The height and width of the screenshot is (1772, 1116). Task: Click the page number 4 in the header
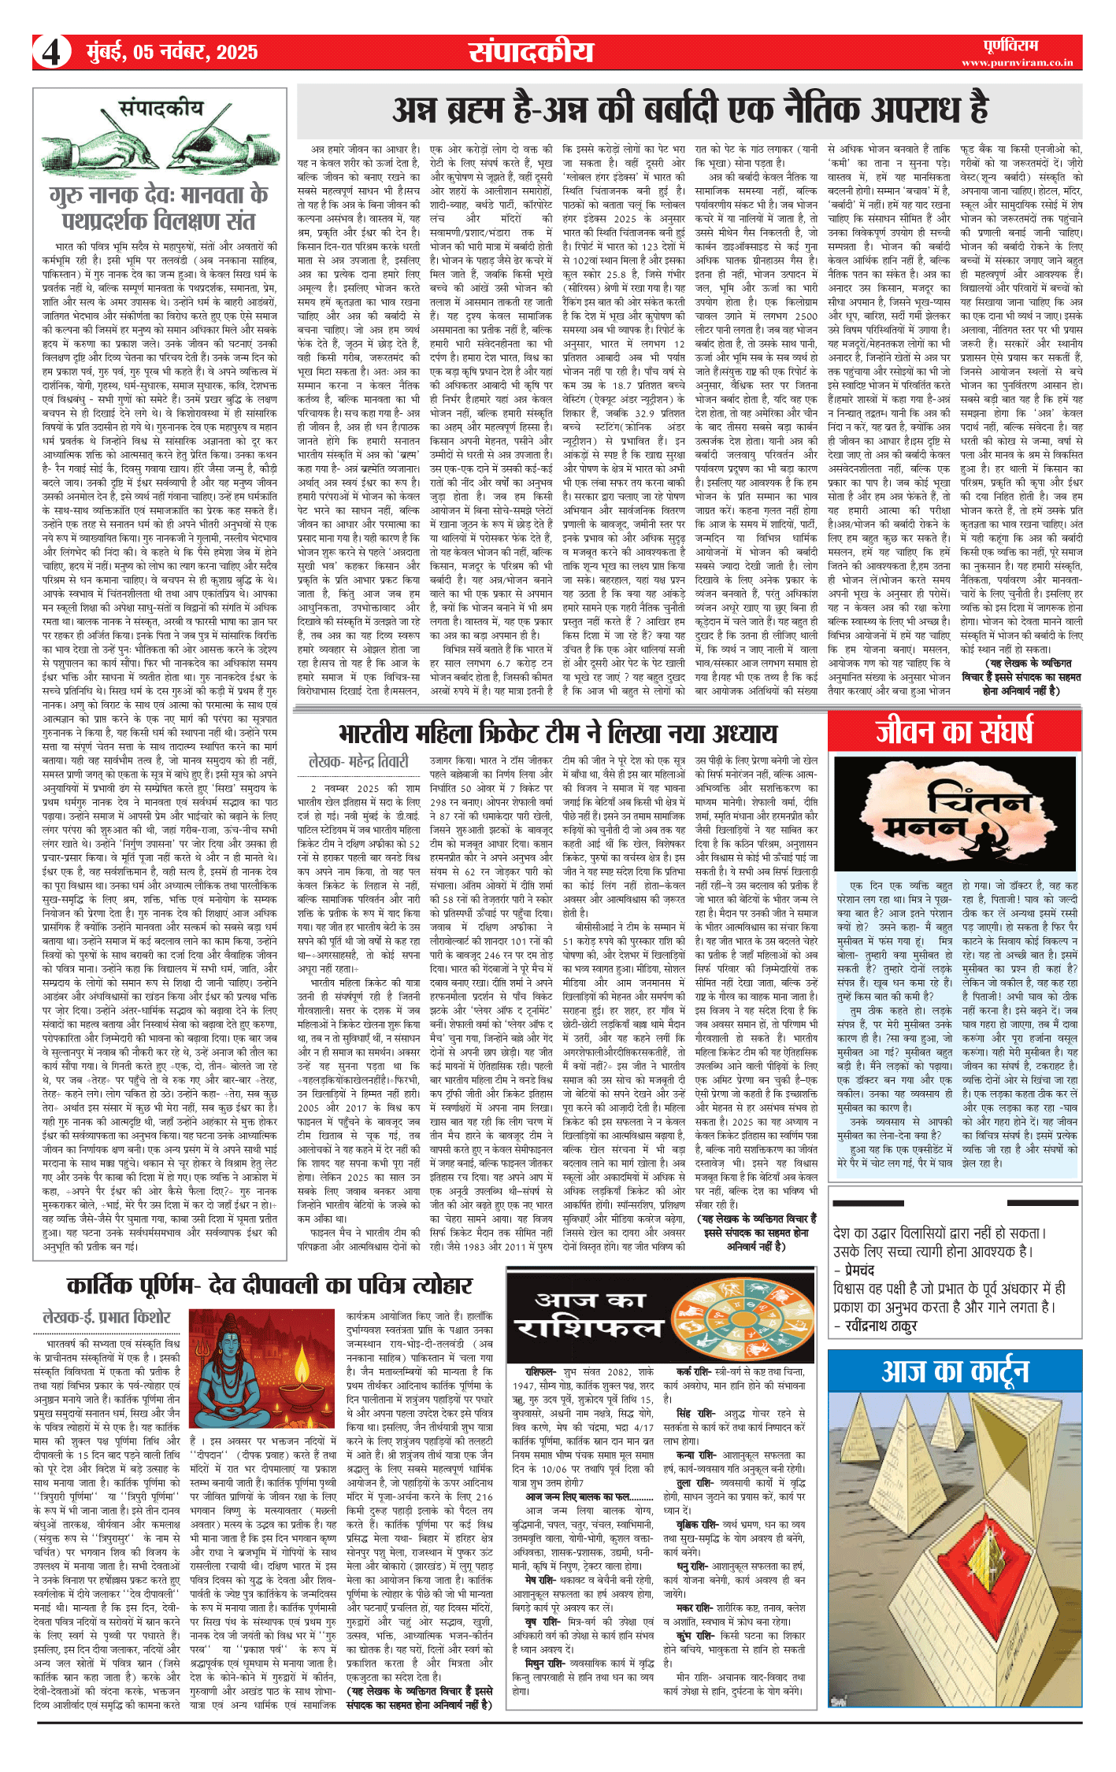[x=51, y=53]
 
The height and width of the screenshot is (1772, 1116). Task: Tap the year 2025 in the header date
[x=236, y=53]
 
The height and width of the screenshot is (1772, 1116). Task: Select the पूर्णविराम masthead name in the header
[x=1011, y=45]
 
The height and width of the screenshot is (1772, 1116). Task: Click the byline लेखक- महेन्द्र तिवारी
[x=359, y=761]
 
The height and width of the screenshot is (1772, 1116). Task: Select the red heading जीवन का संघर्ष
[x=953, y=732]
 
